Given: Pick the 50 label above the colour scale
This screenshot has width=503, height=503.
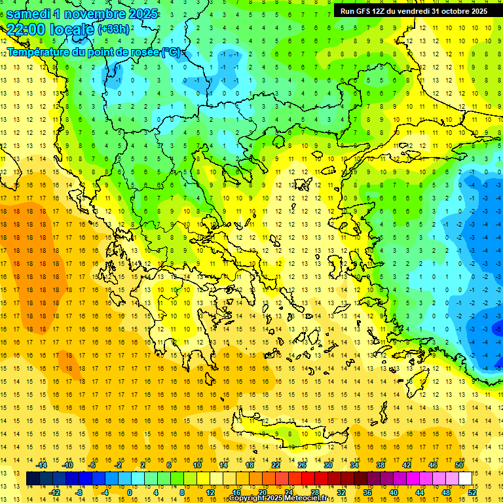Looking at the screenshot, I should [x=459, y=465].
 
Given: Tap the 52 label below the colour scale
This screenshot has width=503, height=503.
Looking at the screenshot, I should [x=472, y=492].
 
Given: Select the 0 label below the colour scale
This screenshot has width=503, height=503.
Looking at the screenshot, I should [x=130, y=492].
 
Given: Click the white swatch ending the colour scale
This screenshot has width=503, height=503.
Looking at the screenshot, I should [x=465, y=479].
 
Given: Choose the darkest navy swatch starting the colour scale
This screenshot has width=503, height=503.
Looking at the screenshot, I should [x=33, y=479].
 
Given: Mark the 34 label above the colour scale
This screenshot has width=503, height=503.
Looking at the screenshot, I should [x=354, y=465].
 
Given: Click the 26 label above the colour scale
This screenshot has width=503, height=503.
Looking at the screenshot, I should [x=302, y=465].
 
